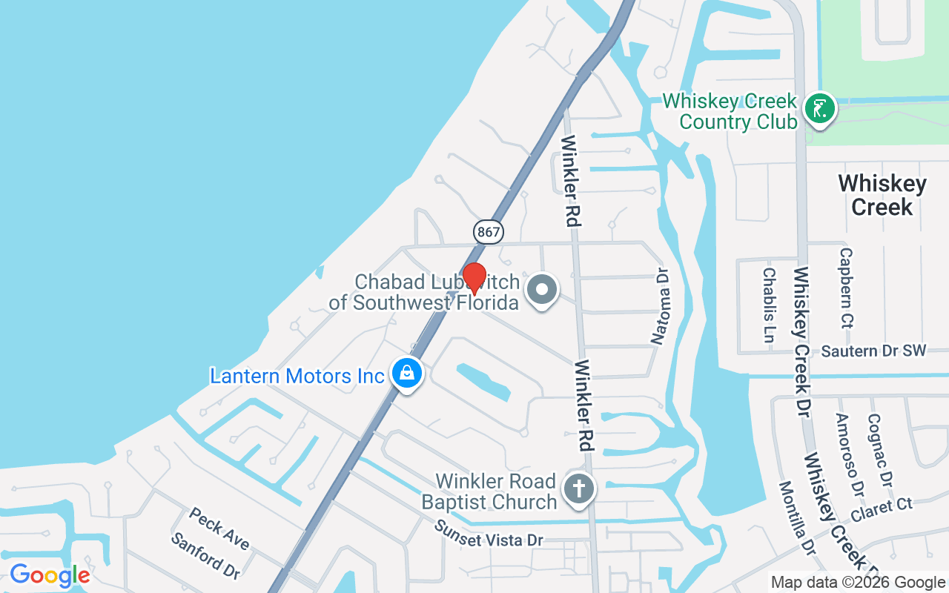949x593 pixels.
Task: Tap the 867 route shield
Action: tap(489, 232)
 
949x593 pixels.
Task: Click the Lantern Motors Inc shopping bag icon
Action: tap(407, 374)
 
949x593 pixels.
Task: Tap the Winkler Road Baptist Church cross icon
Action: tap(579, 489)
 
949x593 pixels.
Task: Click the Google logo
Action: tap(50, 574)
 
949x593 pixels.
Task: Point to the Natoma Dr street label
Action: tap(660, 306)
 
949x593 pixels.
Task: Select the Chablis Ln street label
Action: tap(769, 305)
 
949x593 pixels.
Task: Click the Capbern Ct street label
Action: tap(846, 288)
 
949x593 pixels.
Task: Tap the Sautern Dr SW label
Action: tap(873, 351)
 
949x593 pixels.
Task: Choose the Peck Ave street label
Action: tap(219, 529)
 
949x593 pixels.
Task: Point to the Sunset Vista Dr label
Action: tap(489, 534)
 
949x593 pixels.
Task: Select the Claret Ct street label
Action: tap(882, 511)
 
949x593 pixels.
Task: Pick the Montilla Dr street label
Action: tap(796, 517)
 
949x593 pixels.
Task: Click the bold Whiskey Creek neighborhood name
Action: tap(882, 195)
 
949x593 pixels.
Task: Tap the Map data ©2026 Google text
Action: tap(858, 583)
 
